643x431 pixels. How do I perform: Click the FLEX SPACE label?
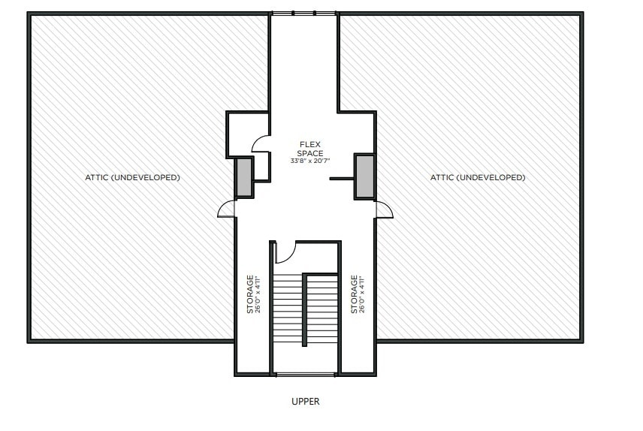coord(310,148)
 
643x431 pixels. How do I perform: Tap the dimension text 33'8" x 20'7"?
coord(310,161)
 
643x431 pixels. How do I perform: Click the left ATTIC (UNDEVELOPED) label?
coord(132,178)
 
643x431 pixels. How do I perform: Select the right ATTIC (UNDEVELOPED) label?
coord(478,178)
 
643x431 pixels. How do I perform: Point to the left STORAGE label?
coord(250,294)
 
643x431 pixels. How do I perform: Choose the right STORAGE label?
coord(353,294)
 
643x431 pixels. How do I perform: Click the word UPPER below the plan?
coord(306,402)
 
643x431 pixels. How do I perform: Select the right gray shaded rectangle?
coord(365,176)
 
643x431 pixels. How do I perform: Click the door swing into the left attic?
coord(226,209)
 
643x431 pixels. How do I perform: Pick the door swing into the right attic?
coord(384,209)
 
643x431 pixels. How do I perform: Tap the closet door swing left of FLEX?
coord(261,143)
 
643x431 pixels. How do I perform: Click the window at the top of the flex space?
coord(303,13)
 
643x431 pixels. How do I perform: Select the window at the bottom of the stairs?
coord(304,374)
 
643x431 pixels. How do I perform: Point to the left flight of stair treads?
coord(287,308)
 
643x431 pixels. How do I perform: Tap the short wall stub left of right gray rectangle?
coord(342,179)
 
